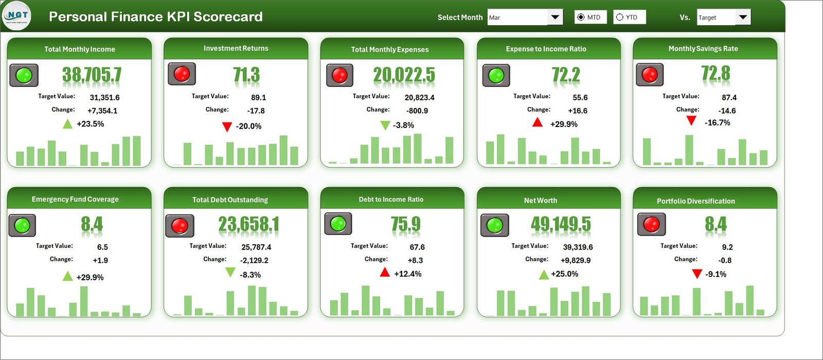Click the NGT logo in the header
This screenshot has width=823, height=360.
coord(17,16)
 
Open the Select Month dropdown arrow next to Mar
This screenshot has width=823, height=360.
coord(554,17)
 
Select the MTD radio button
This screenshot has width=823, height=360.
coord(581,17)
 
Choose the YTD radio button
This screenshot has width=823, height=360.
coord(620,17)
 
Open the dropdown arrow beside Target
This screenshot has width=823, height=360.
coord(742,17)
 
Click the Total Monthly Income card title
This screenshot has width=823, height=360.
coord(80,49)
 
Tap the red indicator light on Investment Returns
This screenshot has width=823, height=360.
coord(182,74)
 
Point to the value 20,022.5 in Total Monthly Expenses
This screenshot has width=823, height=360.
coord(404,75)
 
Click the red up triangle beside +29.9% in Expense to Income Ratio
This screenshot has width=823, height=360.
coord(537,122)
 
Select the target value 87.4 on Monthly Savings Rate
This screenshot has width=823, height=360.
coord(729,97)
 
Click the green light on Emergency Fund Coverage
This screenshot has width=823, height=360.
coord(22,225)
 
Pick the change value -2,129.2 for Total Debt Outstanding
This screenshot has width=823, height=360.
coord(255,260)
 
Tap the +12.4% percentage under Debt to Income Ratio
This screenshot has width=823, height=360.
coord(407,274)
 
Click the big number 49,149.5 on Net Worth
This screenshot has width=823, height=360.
coord(561,224)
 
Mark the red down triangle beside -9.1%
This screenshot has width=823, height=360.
coord(697,274)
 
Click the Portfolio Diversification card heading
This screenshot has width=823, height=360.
coord(695,201)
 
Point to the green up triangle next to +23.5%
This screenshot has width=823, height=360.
coord(67,124)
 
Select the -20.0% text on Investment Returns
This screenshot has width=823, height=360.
coord(248,126)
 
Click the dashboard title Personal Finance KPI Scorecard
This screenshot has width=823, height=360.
coord(155,16)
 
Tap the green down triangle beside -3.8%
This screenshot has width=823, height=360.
coord(385,125)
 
